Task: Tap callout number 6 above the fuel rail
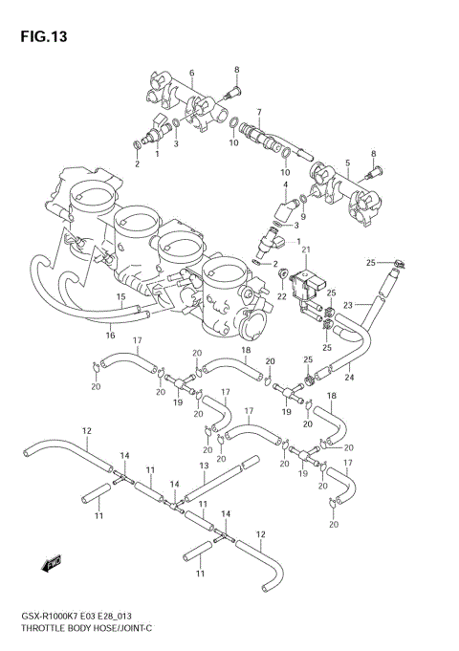[191, 73]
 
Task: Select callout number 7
[258, 112]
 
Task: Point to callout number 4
[284, 184]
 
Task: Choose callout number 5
[347, 163]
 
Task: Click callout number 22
[282, 296]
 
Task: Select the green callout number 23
[349, 305]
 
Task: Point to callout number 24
[349, 377]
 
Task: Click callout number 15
[121, 297]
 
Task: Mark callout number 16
[111, 335]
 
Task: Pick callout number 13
[204, 466]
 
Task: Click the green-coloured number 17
[250, 412]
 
